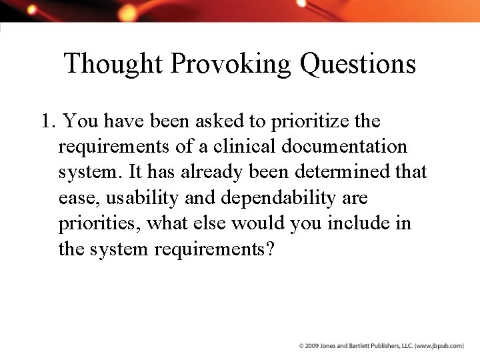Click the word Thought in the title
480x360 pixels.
(x=113, y=65)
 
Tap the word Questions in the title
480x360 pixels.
(x=358, y=65)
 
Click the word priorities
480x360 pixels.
(x=99, y=223)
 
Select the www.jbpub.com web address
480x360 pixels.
(x=439, y=346)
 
